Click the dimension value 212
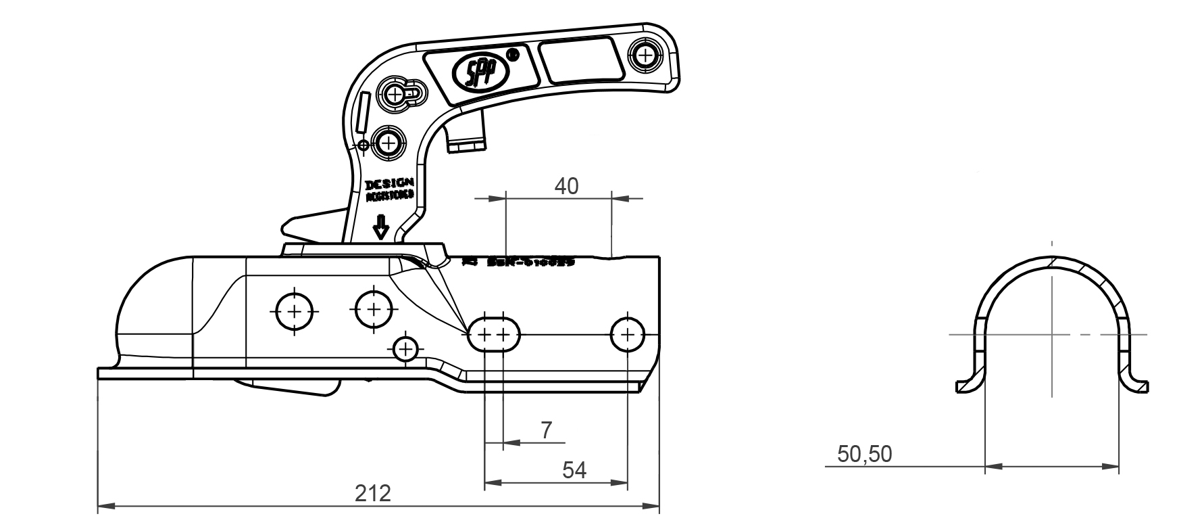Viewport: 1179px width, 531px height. coord(373,493)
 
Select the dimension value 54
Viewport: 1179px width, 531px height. coord(574,470)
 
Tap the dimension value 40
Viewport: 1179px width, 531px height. coord(566,186)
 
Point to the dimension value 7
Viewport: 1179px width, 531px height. coord(547,430)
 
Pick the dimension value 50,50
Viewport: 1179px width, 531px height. coord(864,454)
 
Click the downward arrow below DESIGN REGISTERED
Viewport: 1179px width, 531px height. coord(381,228)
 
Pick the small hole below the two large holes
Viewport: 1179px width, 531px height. coord(405,349)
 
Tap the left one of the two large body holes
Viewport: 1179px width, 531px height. coord(295,312)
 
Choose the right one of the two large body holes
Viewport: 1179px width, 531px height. coord(374,310)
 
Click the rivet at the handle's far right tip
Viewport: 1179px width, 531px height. coord(647,53)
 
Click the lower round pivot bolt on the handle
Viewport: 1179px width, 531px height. coord(388,142)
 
